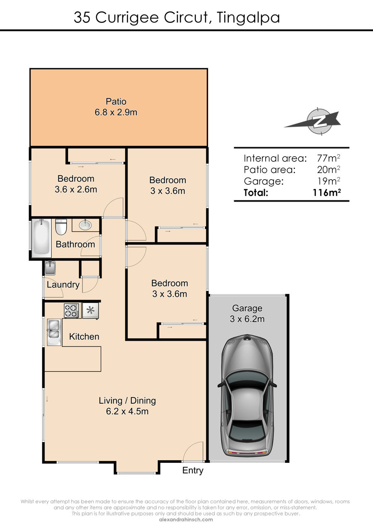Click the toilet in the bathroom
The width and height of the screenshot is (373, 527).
click(x=61, y=227)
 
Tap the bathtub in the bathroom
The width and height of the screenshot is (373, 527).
click(x=41, y=238)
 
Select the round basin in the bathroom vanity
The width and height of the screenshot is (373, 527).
click(x=85, y=225)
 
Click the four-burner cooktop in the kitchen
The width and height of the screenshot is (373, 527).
click(x=71, y=310)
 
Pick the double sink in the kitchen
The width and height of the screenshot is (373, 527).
click(x=54, y=332)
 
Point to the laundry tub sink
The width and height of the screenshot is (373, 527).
click(x=50, y=268)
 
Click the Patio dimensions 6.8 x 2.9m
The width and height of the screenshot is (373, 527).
click(x=116, y=112)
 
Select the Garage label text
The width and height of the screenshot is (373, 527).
click(x=247, y=308)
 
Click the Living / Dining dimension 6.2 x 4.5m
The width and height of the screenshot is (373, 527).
click(x=127, y=411)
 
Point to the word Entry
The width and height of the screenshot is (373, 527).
click(x=193, y=471)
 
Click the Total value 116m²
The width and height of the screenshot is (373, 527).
click(x=327, y=193)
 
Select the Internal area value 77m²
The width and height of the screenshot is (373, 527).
click(x=329, y=158)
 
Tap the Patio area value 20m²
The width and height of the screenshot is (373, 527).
click(x=329, y=169)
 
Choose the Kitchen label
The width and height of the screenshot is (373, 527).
click(x=84, y=337)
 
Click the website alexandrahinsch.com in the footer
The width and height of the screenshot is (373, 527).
click(x=186, y=520)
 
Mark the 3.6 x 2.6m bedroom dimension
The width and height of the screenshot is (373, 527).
click(x=76, y=189)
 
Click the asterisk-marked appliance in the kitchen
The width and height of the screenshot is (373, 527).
click(x=90, y=311)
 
